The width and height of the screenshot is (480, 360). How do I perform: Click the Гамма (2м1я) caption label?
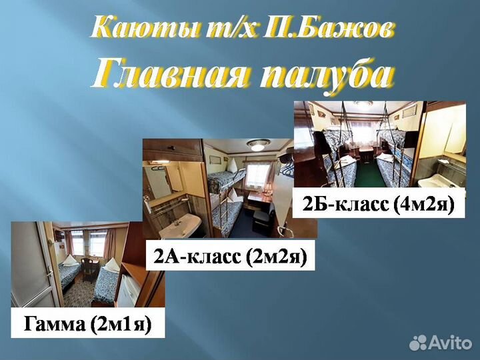(x=88, y=325)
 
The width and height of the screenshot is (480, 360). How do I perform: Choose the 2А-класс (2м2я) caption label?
(x=231, y=256)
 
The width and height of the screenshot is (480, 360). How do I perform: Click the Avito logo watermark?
(x=440, y=343)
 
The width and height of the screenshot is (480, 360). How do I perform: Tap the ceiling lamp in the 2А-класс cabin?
(x=258, y=145)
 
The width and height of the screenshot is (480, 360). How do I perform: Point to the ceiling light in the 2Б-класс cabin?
(x=363, y=105)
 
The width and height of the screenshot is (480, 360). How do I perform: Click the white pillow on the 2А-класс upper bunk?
(x=231, y=165)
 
